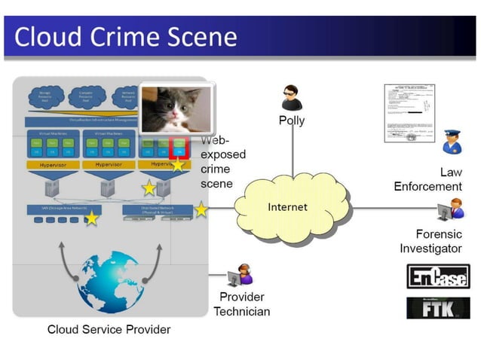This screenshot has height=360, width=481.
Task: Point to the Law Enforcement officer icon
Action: coord(451,142)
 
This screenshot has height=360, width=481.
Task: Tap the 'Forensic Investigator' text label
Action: coord(430,241)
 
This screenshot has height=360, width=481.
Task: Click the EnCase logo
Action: coord(437,276)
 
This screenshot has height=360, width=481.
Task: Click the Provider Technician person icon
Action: coord(243,275)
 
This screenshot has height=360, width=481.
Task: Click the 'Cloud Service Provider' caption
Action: coord(109,329)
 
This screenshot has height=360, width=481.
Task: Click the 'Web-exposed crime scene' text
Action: coord(222,162)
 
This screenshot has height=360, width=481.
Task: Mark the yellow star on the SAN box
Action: coord(91,218)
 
